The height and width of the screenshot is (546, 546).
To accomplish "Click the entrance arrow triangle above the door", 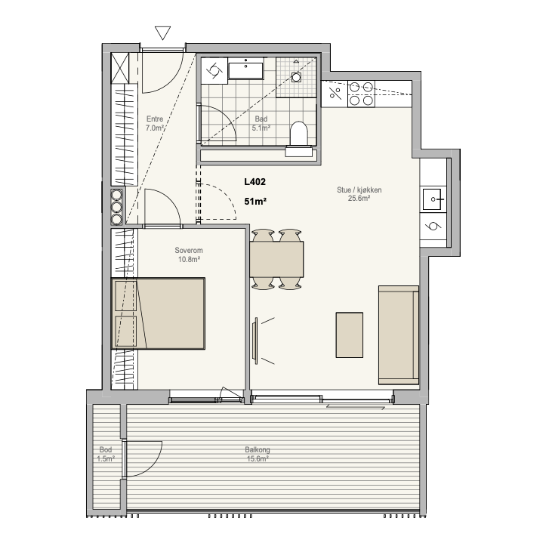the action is tap(162, 32).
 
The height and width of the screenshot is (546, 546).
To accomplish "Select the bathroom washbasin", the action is tap(246, 71).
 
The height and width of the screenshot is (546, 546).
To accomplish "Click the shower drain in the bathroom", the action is tap(296, 77).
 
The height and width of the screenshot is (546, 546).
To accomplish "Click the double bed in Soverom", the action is tap(158, 313).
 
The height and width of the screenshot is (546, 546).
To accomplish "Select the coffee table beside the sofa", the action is tap(349, 335).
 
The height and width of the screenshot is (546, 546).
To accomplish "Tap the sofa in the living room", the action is tap(399, 335).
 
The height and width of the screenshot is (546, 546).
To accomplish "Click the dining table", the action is tap(276, 259).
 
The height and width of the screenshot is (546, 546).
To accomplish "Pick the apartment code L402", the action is tap(255, 182).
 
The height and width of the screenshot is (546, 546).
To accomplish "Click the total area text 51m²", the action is tap(255, 202).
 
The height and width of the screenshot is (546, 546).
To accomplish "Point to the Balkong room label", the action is tap(258, 449).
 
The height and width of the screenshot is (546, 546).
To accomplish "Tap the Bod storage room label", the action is tap(106, 449).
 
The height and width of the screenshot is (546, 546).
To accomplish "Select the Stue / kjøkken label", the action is tap(359, 190).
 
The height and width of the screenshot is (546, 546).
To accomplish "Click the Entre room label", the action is tap(155, 119).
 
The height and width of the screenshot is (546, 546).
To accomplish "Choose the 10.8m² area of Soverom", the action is tap(189, 260).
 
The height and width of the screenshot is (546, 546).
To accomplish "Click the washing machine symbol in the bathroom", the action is tap(214, 71).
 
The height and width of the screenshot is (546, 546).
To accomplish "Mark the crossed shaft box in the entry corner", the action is tap(120, 68).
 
